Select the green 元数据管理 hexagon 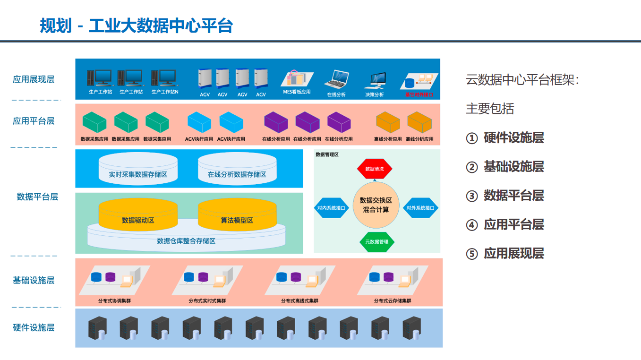[376, 241]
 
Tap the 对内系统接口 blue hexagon [331, 207]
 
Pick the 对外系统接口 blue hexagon [420, 207]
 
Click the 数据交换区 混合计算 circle [376, 205]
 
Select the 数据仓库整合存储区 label [186, 241]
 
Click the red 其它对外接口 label [419, 94]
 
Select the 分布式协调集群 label [114, 300]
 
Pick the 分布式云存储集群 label [393, 300]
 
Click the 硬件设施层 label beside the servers [34, 327]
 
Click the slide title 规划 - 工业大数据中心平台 [136, 26]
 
